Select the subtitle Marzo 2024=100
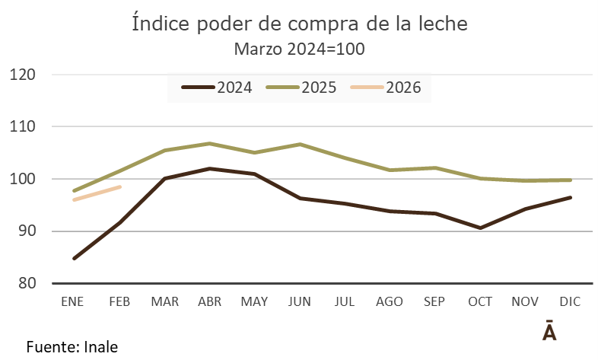299,49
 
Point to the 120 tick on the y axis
24,75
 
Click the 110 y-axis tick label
24,126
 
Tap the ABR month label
210,301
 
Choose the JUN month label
300,301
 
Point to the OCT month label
480,301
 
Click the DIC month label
570,301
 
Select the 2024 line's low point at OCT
480,228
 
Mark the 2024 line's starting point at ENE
75,259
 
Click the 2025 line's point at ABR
210,143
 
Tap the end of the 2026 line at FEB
120,186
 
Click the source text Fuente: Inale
72,346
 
